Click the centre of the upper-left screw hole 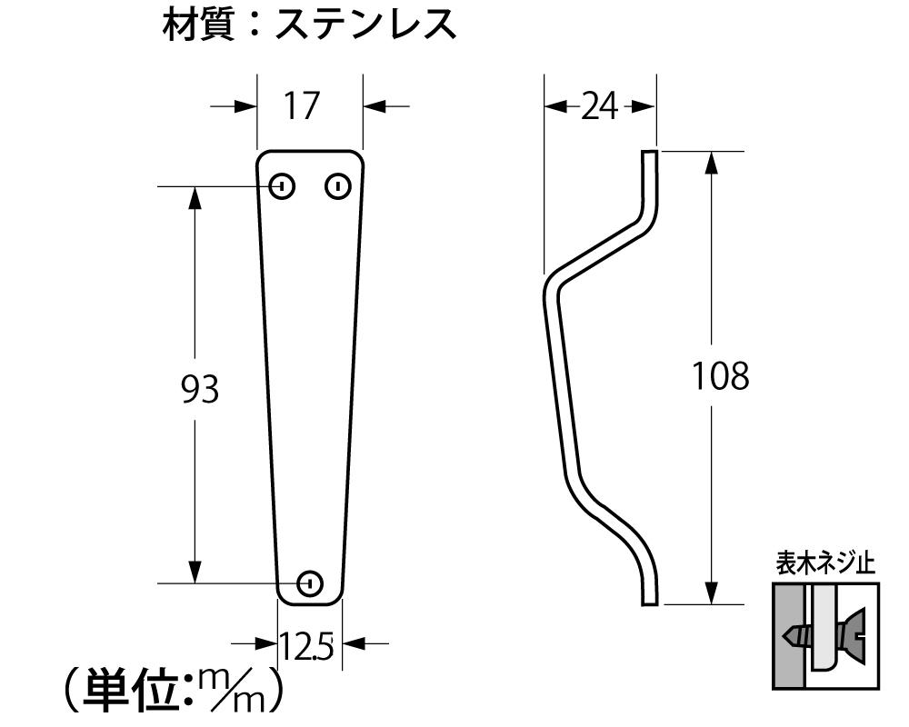[283, 186]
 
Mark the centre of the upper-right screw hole [337, 186]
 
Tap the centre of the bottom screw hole [310, 583]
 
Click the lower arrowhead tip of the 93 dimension [195, 583]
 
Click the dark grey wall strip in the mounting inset [788, 636]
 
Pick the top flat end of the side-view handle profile [649, 152]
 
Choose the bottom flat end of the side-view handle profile [649, 604]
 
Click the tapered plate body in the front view [310, 378]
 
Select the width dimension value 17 [302, 105]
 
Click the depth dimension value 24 [599, 107]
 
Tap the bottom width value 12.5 [307, 646]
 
